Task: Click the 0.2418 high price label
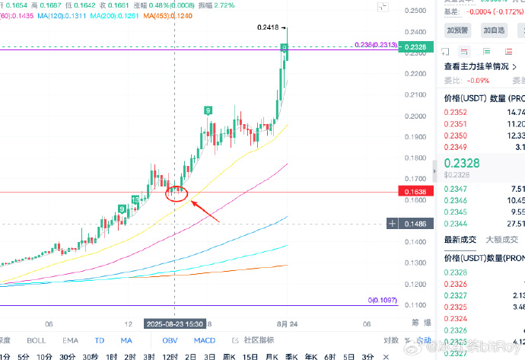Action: tap(268, 27)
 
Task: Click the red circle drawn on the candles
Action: tap(177, 192)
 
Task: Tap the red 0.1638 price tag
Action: tap(415, 192)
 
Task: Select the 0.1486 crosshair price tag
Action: tap(415, 224)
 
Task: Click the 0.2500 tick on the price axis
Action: tap(415, 11)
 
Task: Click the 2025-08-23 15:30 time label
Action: tap(174, 323)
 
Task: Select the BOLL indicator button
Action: tap(36, 340)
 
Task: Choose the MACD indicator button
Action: tap(204, 340)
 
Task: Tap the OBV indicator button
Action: tap(170, 340)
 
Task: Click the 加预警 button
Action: tap(458, 30)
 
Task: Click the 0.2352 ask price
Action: tap(455, 113)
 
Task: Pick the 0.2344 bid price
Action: tap(455, 223)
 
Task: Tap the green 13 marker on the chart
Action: tap(135, 199)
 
